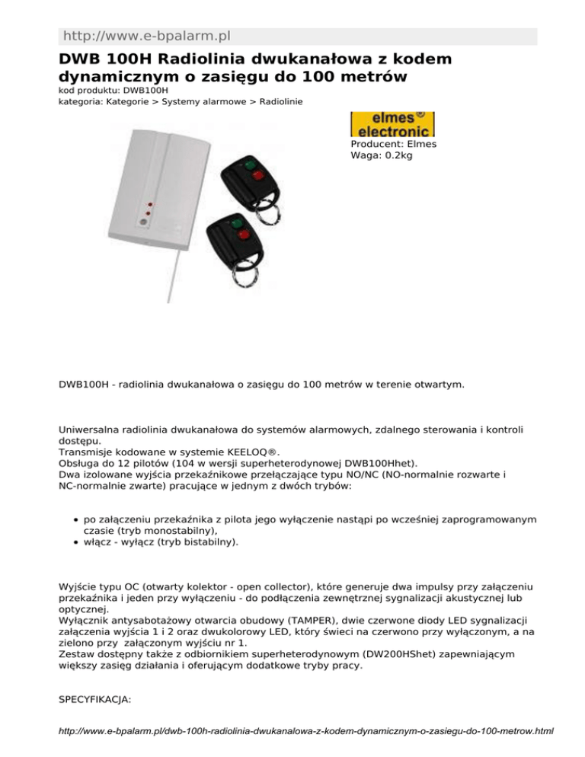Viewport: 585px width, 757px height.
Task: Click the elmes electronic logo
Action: click(392, 124)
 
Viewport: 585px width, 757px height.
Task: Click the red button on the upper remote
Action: click(257, 177)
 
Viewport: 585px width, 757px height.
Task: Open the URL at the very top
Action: click(147, 36)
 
